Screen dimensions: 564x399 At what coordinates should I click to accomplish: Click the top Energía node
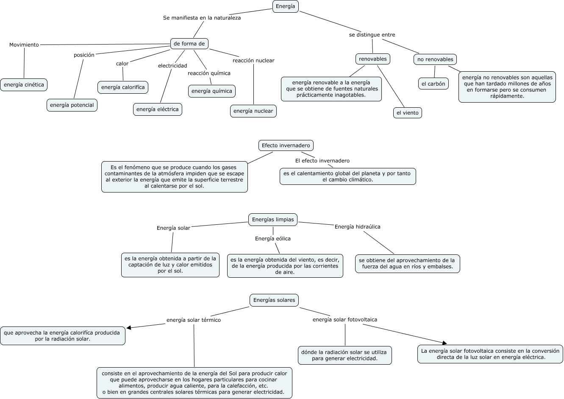pyautogui.click(x=286, y=6)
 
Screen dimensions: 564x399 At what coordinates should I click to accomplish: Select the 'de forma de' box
pyautogui.click(x=189, y=44)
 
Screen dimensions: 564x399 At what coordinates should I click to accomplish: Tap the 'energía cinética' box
pyautogui.click(x=24, y=85)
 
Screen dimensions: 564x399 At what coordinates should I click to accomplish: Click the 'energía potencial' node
pyautogui.click(x=72, y=105)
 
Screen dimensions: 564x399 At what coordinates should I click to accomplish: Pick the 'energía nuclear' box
pyautogui.click(x=253, y=111)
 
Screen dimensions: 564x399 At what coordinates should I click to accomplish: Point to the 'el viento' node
pyautogui.click(x=408, y=113)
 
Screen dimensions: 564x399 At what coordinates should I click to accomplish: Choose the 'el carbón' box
pyautogui.click(x=433, y=84)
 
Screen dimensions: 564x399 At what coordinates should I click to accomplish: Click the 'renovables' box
pyautogui.click(x=373, y=59)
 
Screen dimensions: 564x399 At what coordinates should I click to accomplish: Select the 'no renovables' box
pyautogui.click(x=435, y=59)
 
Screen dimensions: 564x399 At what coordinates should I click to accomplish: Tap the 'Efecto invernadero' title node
pyautogui.click(x=286, y=145)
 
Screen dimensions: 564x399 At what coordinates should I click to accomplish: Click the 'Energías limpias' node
pyautogui.click(x=273, y=220)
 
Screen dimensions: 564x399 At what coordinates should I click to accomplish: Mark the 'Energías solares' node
pyautogui.click(x=274, y=300)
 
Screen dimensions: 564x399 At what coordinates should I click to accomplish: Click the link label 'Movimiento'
pyautogui.click(x=24, y=45)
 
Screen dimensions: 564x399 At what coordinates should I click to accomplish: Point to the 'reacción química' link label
pyautogui.click(x=209, y=73)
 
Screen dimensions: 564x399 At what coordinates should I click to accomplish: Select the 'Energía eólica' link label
pyautogui.click(x=273, y=239)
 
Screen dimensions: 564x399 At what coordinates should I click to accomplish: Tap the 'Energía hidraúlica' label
pyautogui.click(x=358, y=227)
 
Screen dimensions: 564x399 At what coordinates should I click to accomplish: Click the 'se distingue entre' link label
pyautogui.click(x=372, y=35)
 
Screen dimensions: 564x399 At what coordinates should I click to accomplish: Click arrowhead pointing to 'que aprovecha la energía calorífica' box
pyautogui.click(x=129, y=327)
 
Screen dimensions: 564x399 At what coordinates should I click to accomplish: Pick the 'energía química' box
pyautogui.click(x=212, y=91)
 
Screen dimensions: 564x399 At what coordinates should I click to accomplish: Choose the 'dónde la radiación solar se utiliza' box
pyautogui.click(x=345, y=355)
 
